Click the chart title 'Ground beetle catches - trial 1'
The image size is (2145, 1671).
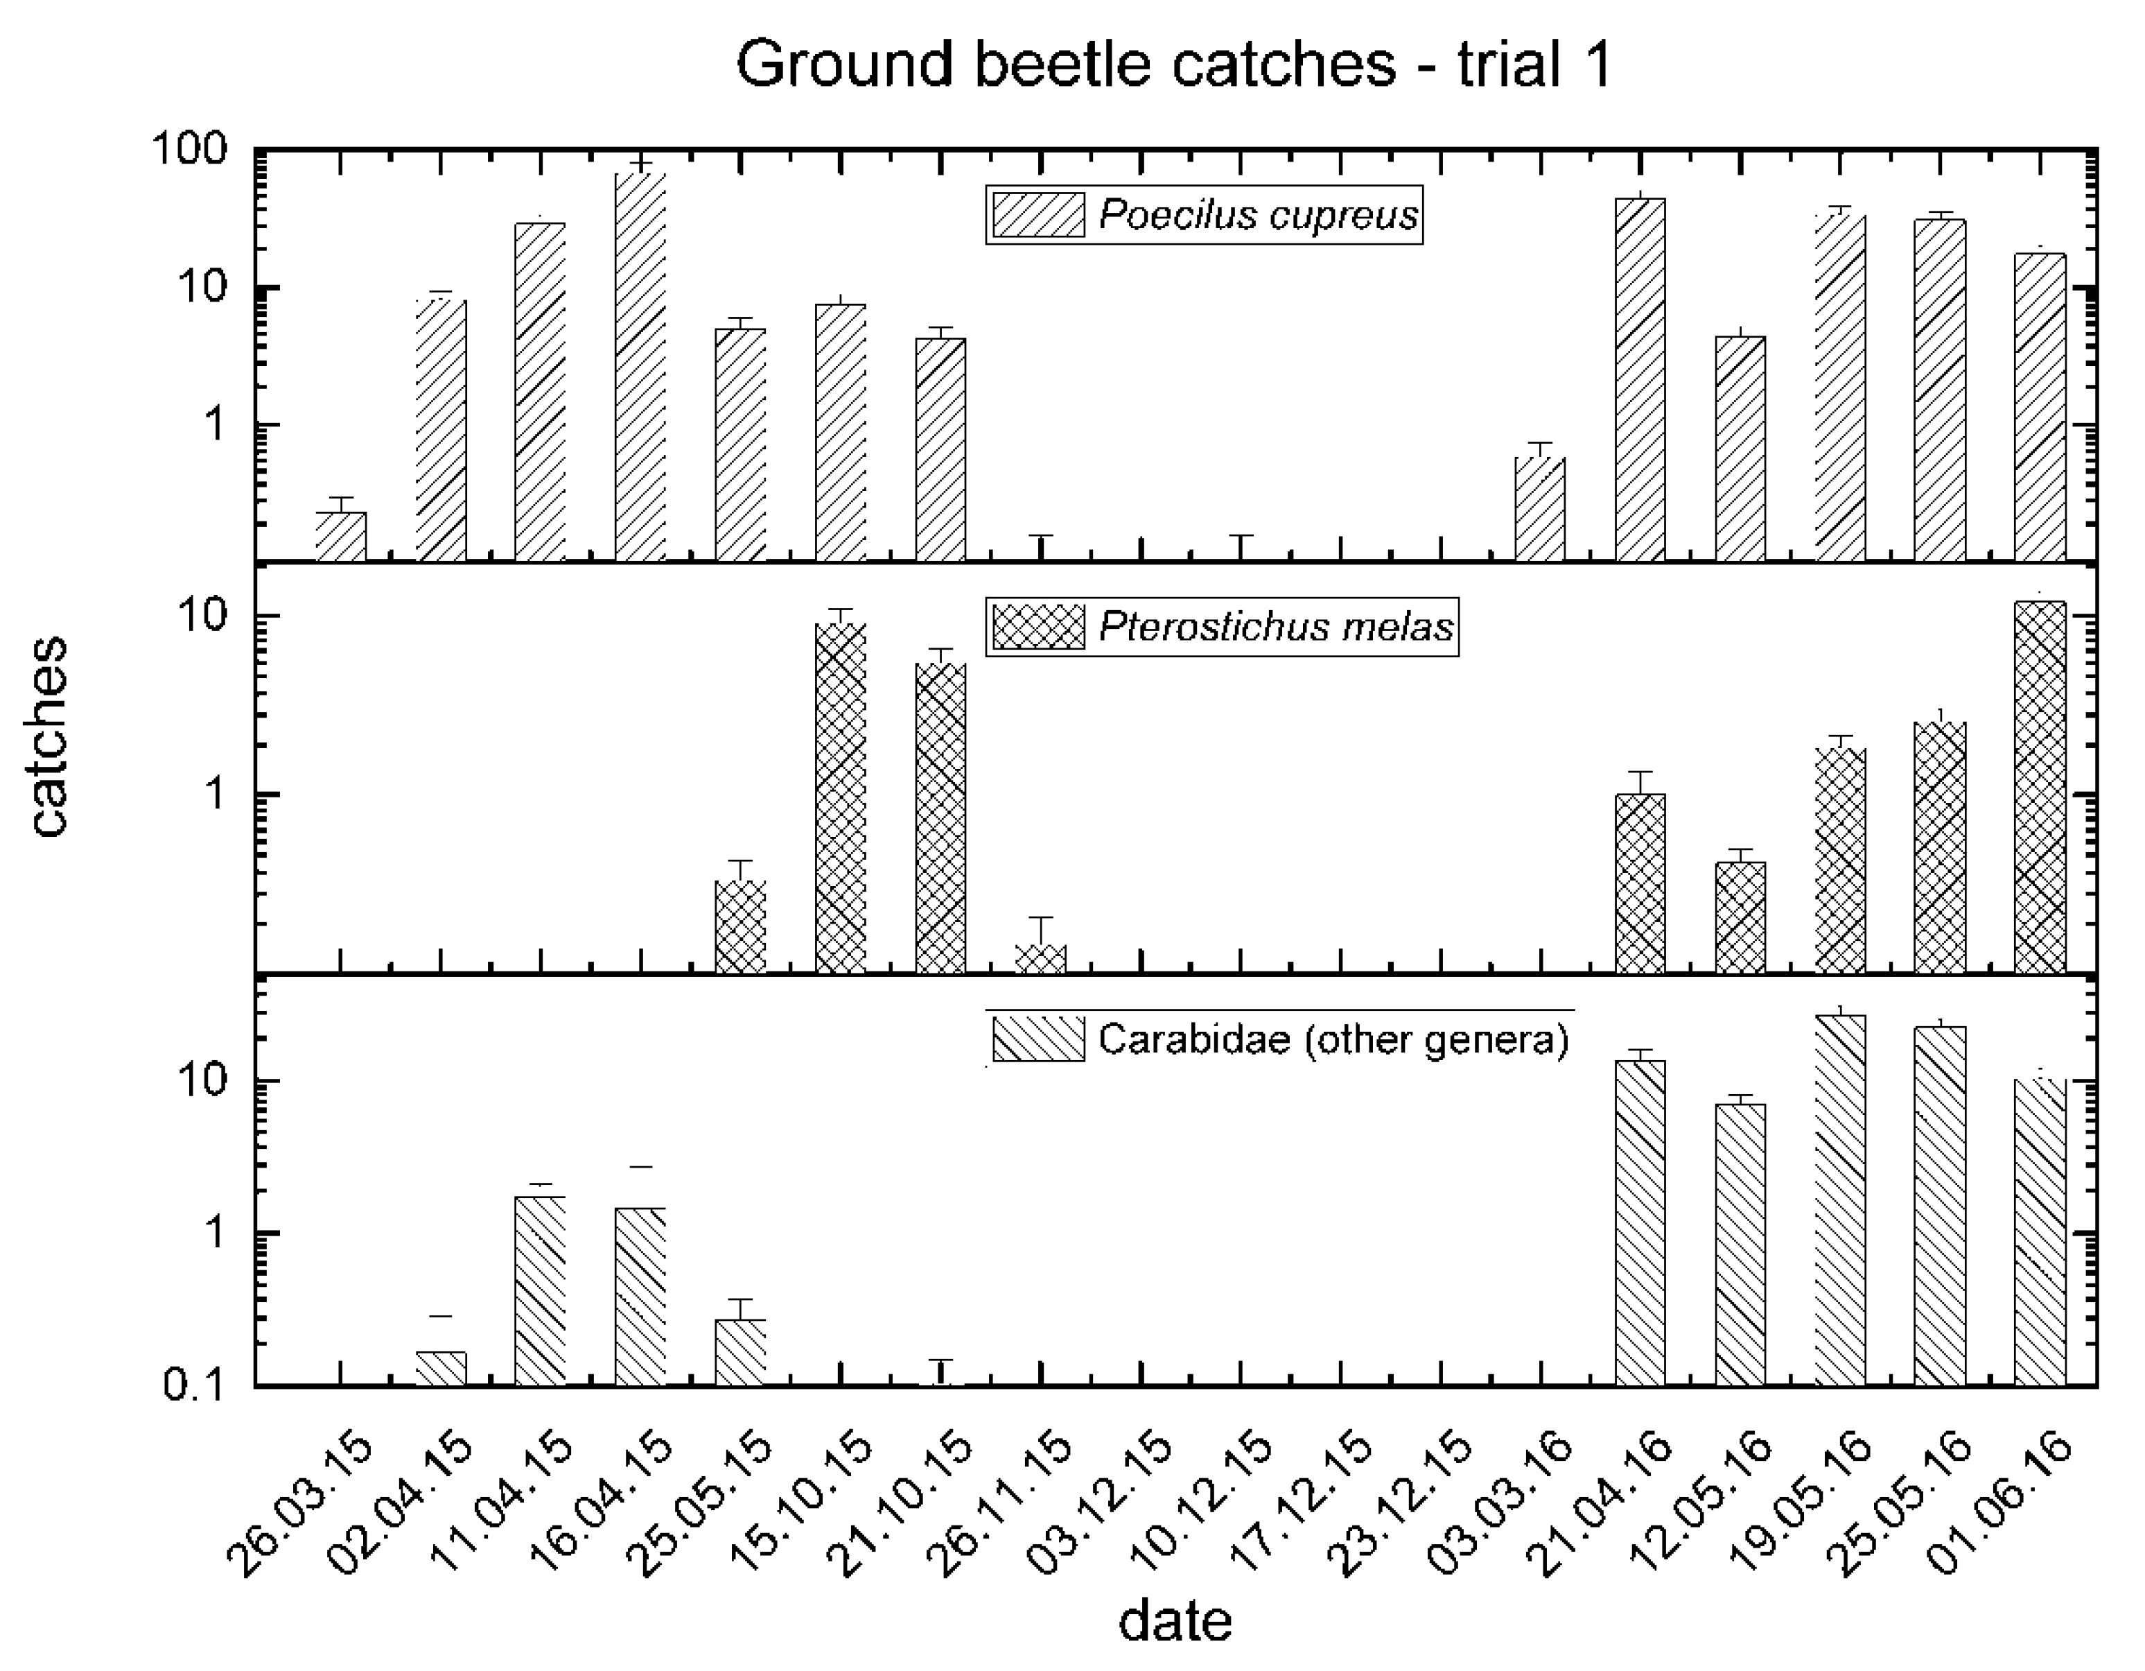coord(1173,65)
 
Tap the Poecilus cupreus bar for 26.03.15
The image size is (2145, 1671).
coord(341,537)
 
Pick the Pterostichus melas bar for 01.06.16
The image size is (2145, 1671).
coord(2040,786)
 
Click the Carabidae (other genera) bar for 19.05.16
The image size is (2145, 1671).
coord(1839,1199)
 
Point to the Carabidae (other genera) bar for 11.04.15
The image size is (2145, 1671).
coord(540,1289)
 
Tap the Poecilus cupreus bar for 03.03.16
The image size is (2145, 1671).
coord(1540,509)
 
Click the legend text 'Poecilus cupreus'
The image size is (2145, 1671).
coord(1258,215)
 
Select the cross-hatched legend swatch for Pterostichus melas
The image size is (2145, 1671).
coord(1038,627)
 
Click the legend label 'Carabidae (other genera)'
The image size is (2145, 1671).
coord(1333,1039)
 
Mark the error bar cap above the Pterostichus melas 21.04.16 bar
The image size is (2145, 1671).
coord(1640,772)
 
